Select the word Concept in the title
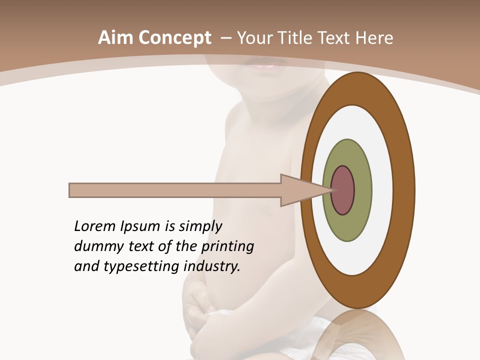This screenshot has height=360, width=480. coord(175,38)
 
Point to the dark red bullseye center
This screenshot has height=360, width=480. coord(343,190)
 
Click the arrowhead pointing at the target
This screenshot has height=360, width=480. coord(300,190)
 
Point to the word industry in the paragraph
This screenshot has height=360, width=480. coord(212,266)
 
